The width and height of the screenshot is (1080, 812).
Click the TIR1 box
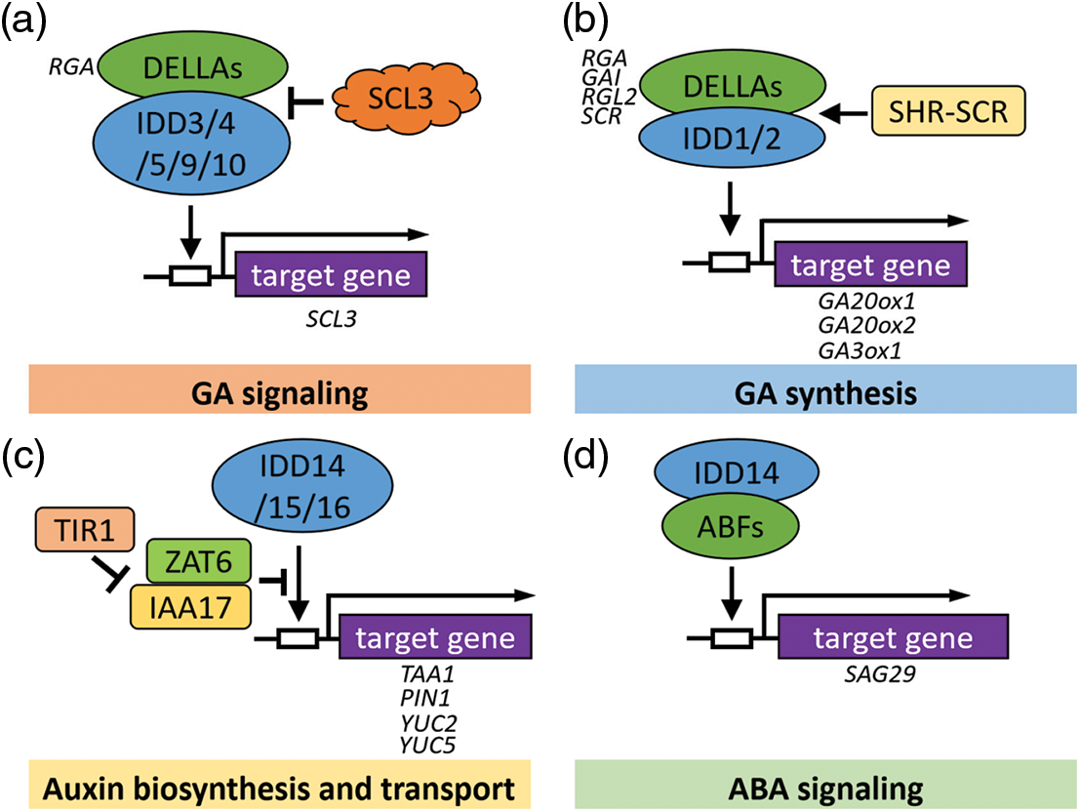point(73,532)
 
